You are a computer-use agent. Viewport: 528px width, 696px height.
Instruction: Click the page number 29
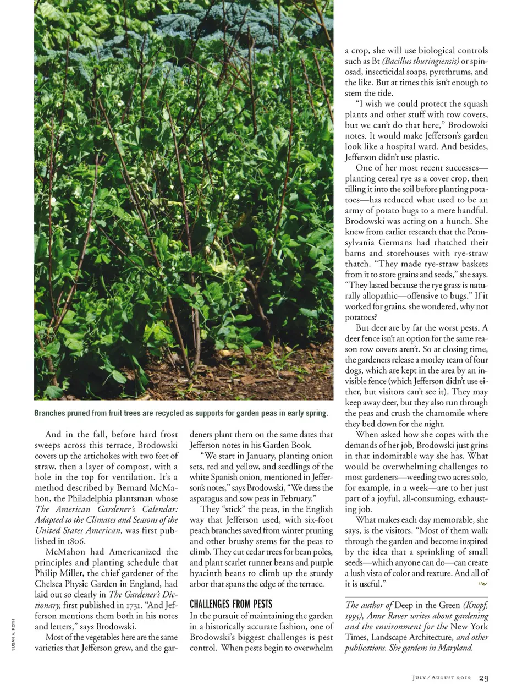(x=483, y=678)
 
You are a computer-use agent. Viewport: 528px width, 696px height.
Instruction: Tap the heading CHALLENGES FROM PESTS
(x=231, y=604)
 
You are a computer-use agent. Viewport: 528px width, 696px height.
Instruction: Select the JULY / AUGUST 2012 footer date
(x=442, y=678)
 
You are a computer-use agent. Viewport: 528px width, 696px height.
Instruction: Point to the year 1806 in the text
(x=73, y=541)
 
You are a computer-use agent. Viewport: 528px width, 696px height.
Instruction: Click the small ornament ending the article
(x=483, y=584)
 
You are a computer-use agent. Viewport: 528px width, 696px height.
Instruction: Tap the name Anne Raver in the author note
(x=389, y=616)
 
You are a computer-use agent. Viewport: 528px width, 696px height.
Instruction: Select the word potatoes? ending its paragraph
(x=361, y=317)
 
